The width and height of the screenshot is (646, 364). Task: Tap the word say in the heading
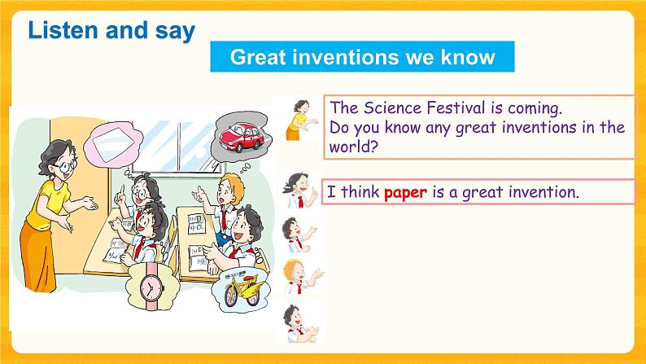[173, 31]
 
